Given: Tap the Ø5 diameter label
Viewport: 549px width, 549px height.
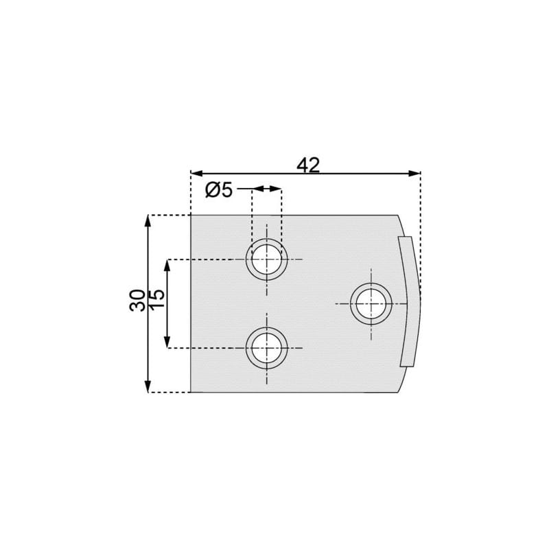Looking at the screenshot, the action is coord(219,190).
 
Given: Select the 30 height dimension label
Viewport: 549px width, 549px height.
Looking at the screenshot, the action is coord(137,300).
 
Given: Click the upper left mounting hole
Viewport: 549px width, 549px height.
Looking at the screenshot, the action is coord(267,259).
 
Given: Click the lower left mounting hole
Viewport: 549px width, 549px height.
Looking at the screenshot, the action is coord(267,348).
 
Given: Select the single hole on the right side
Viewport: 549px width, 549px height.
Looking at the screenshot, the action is coord(371,303).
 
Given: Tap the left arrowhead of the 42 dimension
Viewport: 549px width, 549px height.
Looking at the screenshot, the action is coord(197,174).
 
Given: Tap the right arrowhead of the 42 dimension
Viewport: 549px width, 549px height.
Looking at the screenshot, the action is coord(414,174).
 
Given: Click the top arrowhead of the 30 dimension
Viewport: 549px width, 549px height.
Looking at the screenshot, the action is coord(148,221).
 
